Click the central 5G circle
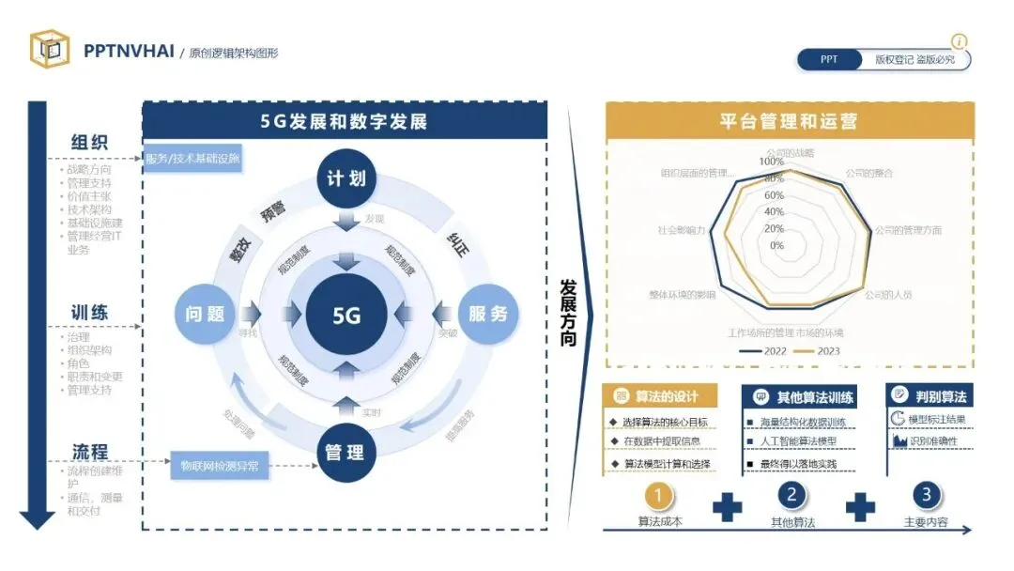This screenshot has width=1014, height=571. coord(346,315)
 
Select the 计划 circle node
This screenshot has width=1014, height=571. coord(346,177)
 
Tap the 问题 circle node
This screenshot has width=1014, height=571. coord(205,314)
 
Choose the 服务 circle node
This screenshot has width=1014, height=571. coord(486,314)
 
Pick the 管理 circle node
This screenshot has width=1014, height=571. coord(345,453)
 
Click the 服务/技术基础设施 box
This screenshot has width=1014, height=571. coord(192,158)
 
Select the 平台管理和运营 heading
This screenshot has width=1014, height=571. coord(788,121)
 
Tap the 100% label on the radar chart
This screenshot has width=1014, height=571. coord(772,162)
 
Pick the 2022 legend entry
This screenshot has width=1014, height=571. coord(766,351)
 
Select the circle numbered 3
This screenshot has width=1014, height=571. coord(926,495)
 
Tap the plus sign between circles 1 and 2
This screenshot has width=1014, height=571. coord(727,507)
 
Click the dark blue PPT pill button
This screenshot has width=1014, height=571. coord(829,59)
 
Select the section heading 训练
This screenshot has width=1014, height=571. coord(90,312)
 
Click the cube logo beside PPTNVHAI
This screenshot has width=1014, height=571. coord(49,50)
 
